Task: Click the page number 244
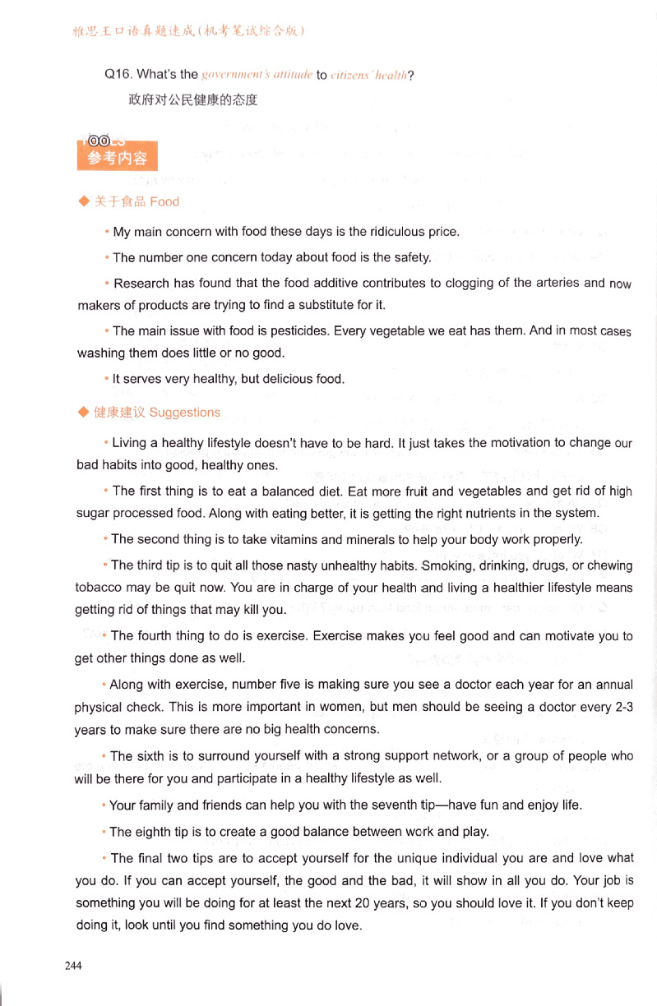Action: point(73,966)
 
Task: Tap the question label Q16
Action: point(120,76)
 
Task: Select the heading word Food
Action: point(164,201)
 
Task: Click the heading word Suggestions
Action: point(184,412)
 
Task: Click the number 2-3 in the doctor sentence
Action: point(618,707)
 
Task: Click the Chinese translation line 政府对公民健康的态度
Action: point(193,100)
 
